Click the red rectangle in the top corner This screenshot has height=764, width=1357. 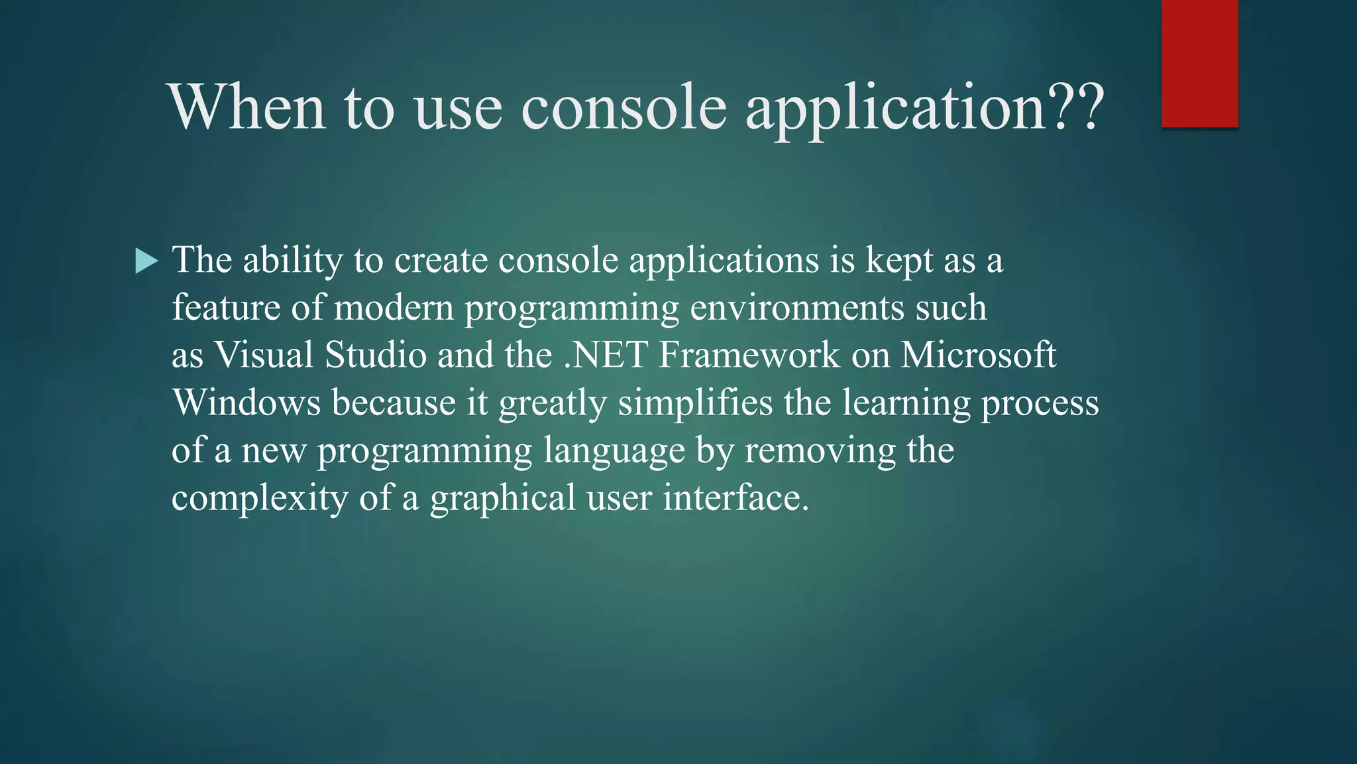tap(1199, 64)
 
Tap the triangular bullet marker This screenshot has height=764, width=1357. tap(146, 261)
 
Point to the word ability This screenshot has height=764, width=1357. tap(292, 260)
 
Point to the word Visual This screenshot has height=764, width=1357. tap(264, 355)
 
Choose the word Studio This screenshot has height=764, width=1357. tap(376, 355)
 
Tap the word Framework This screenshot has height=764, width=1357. tap(749, 355)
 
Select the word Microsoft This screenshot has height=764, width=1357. tap(978, 355)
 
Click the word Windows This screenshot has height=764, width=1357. tap(246, 403)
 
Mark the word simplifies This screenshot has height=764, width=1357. tap(695, 403)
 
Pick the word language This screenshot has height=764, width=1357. tap(614, 451)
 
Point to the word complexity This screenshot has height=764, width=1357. tap(260, 499)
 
